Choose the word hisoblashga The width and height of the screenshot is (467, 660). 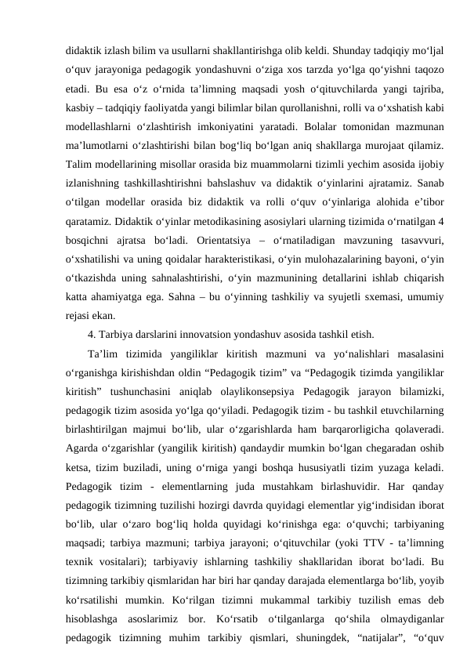91,617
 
